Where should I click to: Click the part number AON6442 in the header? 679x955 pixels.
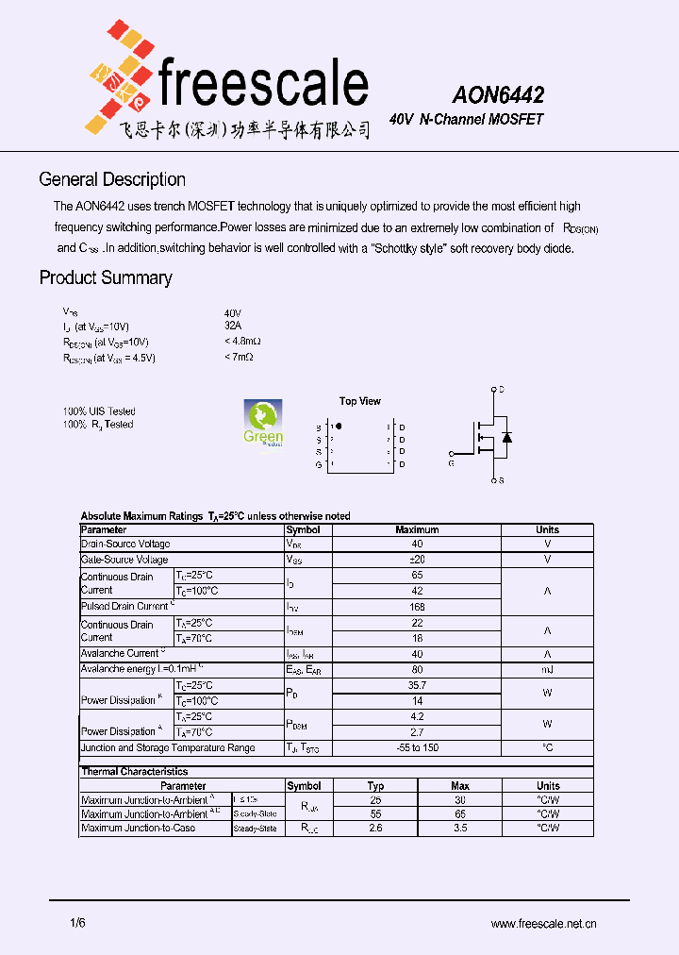point(497,95)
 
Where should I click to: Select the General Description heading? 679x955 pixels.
point(111,179)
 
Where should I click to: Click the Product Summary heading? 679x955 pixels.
point(105,277)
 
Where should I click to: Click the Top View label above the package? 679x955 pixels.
point(360,401)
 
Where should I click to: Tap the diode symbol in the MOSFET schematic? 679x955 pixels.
point(506,437)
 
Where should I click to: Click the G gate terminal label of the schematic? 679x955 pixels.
point(451,463)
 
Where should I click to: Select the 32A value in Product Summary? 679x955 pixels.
point(233,326)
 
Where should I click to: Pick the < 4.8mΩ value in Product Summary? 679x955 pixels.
point(242,341)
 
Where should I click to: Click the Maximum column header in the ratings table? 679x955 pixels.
point(417,529)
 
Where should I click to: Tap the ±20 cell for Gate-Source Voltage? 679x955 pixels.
point(417,560)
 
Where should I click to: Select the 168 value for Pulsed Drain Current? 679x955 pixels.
point(417,606)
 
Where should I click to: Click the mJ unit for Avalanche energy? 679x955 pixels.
point(547,669)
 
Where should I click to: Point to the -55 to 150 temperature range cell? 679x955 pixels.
point(417,747)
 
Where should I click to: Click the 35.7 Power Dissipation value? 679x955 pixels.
point(417,685)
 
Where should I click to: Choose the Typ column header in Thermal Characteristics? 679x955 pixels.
point(375,785)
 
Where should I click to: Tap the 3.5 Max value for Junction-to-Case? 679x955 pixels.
point(460,828)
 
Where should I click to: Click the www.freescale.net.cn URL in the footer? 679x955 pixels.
point(544,925)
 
